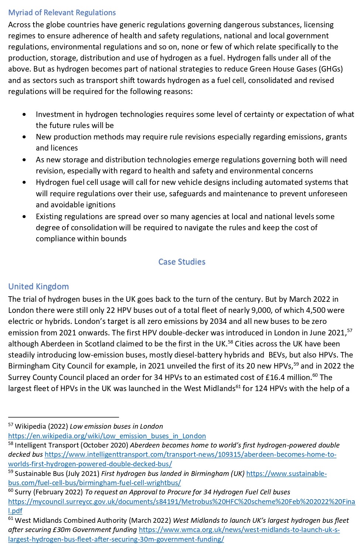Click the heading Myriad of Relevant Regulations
click(62, 13)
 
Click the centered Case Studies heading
click(182, 262)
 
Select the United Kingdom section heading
click(38, 286)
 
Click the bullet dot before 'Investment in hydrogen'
click(24, 114)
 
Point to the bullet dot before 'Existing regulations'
click(24, 217)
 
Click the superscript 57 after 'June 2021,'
click(349, 330)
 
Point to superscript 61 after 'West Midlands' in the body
click(238, 386)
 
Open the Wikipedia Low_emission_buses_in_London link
click(107, 436)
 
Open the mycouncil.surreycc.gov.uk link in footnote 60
click(181, 501)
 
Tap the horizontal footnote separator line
click(64, 417)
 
